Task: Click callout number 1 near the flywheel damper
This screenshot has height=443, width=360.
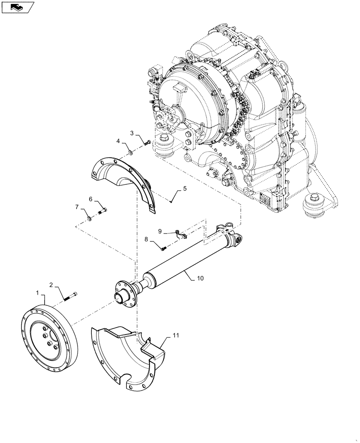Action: point(38,292)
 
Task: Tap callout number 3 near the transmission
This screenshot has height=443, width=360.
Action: point(132,133)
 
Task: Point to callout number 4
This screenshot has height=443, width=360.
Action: point(118,141)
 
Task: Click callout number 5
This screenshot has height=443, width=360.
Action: point(184,188)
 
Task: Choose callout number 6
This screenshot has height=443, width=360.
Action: point(90,199)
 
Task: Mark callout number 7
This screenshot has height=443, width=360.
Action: point(77,207)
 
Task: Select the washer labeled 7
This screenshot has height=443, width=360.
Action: point(89,217)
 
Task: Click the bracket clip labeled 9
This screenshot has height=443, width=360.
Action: point(179,233)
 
